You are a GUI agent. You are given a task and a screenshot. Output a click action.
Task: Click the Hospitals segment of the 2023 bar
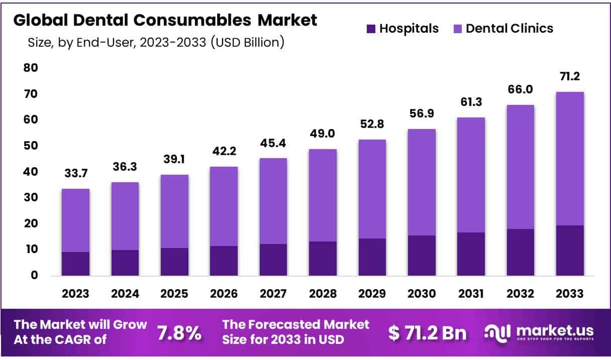(x=75, y=264)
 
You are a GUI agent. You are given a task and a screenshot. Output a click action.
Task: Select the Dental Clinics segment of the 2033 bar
(x=570, y=159)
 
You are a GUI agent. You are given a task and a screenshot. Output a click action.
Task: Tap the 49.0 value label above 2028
(x=323, y=134)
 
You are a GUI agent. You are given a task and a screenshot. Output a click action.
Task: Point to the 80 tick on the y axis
(x=30, y=67)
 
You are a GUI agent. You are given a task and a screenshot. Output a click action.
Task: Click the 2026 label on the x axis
(x=224, y=294)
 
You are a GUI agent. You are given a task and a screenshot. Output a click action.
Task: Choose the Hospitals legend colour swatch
(x=371, y=29)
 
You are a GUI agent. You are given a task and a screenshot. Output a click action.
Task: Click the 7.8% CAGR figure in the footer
(x=179, y=332)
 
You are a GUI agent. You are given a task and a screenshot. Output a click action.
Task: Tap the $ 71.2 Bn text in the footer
(x=428, y=332)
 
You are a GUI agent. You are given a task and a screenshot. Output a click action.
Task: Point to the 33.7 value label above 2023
(x=75, y=174)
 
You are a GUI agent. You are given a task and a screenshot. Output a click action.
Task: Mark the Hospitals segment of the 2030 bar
(x=422, y=255)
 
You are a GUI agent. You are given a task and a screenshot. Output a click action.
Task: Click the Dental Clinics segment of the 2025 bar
(x=174, y=211)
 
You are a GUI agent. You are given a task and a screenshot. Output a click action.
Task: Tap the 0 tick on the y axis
(x=34, y=275)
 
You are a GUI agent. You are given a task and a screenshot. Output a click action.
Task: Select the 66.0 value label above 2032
(x=520, y=90)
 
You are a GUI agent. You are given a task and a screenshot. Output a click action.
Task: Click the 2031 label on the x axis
(x=471, y=294)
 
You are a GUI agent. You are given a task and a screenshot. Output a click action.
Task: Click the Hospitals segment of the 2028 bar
(x=323, y=258)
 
